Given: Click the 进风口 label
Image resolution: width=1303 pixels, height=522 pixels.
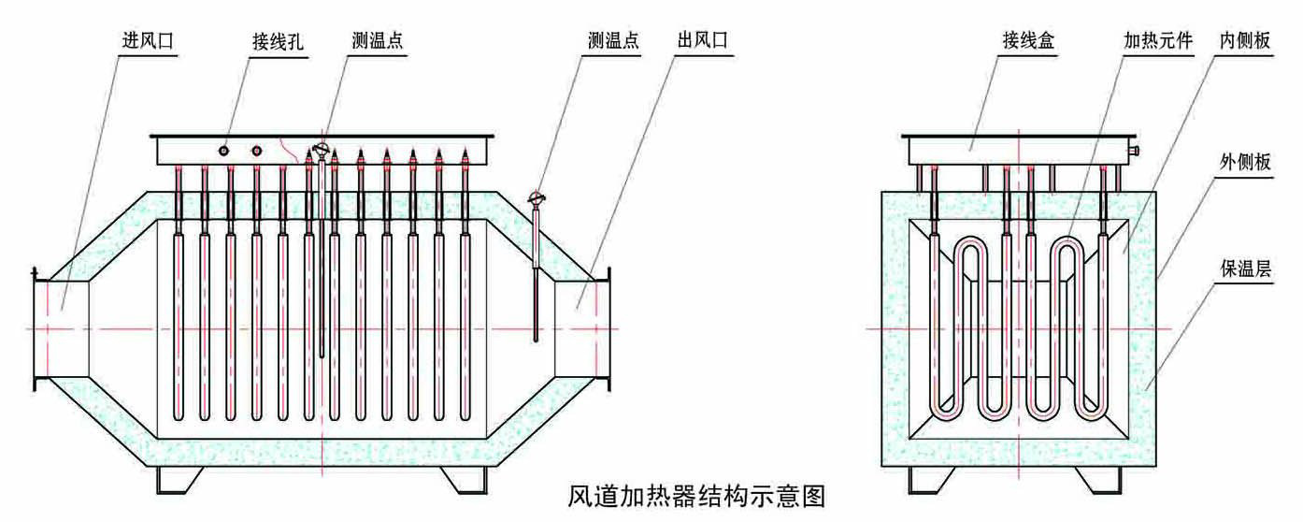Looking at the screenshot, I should tap(148, 41).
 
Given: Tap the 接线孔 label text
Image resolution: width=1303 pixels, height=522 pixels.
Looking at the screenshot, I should tap(279, 41).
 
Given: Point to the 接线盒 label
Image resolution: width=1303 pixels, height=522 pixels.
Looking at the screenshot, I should tap(1027, 41).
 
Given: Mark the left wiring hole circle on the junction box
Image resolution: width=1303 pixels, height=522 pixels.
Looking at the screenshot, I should tap(224, 150).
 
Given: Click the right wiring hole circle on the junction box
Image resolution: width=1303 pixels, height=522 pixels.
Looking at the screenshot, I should tap(256, 150).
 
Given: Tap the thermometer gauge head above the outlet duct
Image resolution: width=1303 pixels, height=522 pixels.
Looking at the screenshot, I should tap(537, 198).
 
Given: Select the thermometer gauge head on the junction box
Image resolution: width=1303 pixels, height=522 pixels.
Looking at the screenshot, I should tap(321, 150).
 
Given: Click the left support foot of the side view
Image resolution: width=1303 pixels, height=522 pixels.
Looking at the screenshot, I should tap(179, 479).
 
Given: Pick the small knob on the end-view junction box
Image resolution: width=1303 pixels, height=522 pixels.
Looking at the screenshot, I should tap(1135, 150).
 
